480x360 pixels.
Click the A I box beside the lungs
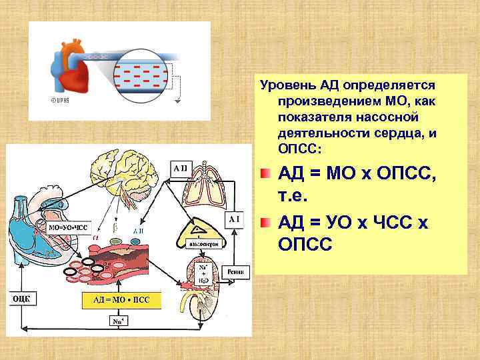(x=235, y=219)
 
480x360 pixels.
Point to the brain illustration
(x=127, y=170)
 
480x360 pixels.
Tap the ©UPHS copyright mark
(x=61, y=100)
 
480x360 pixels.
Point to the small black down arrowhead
(x=177, y=102)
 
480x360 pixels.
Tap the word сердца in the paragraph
(x=400, y=133)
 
